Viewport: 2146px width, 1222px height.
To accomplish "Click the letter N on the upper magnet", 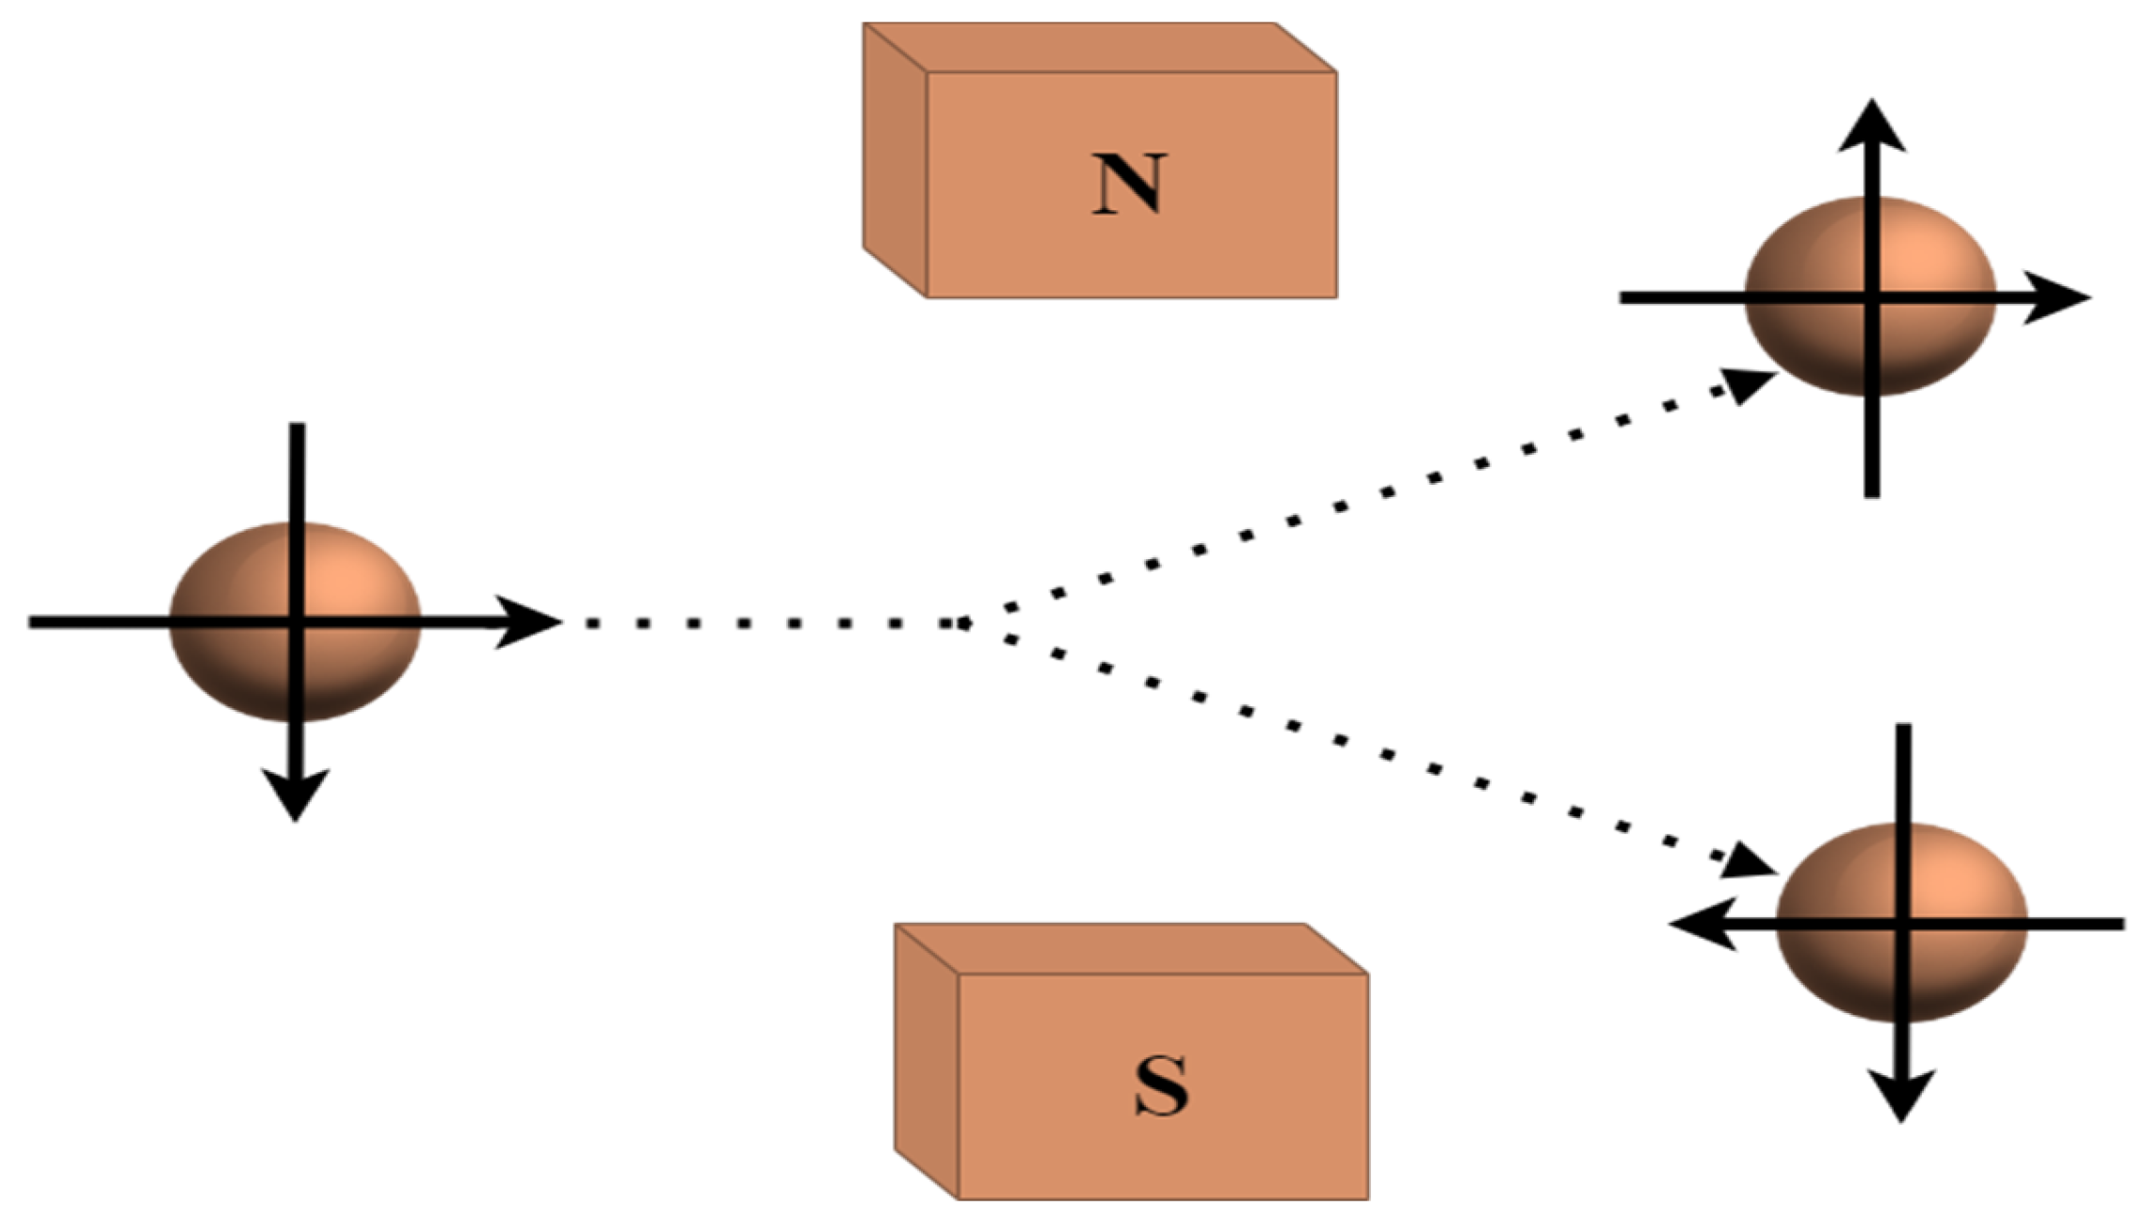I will [1129, 185].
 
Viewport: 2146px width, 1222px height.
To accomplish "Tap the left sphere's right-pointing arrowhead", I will [532, 621].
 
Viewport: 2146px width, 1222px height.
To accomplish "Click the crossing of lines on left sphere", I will [297, 622].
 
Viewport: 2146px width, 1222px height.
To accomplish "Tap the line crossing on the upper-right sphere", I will [1872, 297].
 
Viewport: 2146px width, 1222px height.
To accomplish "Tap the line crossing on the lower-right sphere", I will [1903, 925].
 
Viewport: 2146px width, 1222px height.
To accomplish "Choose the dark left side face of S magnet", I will [926, 1060].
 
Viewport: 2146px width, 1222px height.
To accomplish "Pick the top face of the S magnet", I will [1130, 948].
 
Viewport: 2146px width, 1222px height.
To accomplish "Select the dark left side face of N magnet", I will [895, 160].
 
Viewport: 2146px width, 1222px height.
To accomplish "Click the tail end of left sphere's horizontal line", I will [34, 622].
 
